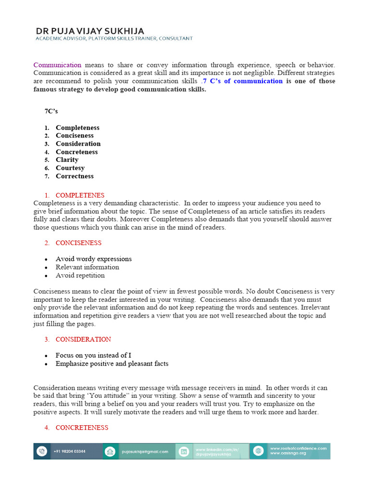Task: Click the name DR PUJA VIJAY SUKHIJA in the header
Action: pos(89,31)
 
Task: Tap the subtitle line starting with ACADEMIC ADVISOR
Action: pos(114,38)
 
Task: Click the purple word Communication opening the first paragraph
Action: pos(57,65)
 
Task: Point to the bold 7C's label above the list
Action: pos(51,111)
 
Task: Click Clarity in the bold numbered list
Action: pos(67,160)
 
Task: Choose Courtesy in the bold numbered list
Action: pos(70,168)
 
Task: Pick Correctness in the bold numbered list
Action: pos(74,176)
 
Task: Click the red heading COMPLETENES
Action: pos(80,196)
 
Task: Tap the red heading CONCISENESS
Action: pos(78,243)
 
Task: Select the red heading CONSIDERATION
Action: pos(83,340)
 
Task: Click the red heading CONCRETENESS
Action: pos(82,428)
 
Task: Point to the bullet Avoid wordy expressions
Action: pos(94,259)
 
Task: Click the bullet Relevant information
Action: pos(87,267)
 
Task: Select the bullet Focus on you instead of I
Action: pos(93,356)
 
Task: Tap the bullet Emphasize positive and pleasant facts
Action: pos(112,364)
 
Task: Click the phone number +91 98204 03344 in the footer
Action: pos(70,452)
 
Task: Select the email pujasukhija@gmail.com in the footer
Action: pos(145,452)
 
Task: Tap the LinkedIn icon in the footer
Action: pos(183,451)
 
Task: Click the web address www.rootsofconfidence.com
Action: pos(298,448)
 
